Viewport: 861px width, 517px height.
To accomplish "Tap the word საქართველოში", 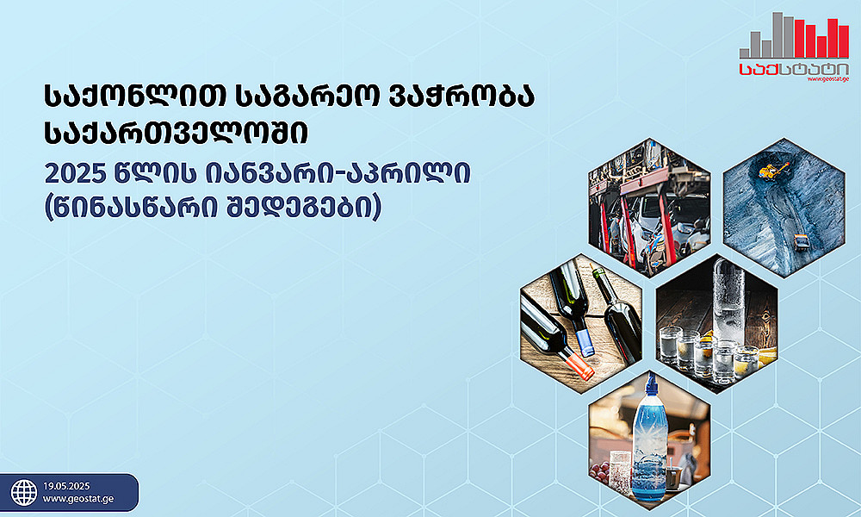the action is [x=176, y=134].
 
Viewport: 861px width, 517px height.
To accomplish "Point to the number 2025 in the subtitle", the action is [x=75, y=174].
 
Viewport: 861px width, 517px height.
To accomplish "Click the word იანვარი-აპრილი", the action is [x=338, y=174].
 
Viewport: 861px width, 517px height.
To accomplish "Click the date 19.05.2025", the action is [x=66, y=486].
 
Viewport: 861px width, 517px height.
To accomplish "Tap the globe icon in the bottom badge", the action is [x=24, y=493].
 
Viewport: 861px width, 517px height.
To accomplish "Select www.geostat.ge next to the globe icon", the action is [x=78, y=499].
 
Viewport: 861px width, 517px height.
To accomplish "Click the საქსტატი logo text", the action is [x=794, y=69].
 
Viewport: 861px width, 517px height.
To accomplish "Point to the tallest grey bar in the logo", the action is [x=777, y=35].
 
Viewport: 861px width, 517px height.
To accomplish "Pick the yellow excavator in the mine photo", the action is [x=773, y=169].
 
